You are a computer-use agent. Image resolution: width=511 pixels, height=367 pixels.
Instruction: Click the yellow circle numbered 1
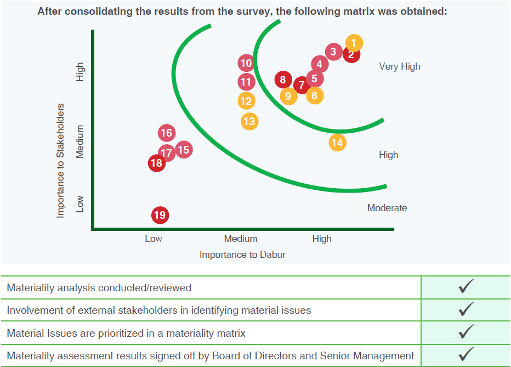(354, 43)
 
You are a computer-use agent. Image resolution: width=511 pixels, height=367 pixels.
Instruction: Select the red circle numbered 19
(160, 215)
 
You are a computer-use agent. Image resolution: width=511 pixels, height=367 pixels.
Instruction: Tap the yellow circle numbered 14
(337, 143)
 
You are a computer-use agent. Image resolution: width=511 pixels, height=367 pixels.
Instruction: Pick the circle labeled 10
(246, 63)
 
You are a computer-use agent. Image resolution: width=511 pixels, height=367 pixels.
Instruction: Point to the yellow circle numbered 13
(249, 122)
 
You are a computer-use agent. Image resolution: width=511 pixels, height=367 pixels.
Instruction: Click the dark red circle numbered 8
(283, 80)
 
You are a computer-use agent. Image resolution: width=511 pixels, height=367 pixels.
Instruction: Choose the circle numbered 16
(167, 133)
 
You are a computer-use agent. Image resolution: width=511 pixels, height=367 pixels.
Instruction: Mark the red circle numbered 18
(157, 163)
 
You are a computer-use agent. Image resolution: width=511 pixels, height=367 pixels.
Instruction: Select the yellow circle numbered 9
(288, 96)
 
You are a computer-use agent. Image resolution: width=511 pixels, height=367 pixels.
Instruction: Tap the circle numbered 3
(334, 52)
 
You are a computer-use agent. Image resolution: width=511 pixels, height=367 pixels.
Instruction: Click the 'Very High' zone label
(400, 67)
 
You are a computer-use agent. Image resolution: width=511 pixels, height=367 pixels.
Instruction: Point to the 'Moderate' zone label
(387, 208)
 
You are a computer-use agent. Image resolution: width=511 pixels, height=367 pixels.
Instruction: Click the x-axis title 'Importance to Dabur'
(242, 255)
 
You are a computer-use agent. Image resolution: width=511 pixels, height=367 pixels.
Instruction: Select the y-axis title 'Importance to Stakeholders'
(60, 161)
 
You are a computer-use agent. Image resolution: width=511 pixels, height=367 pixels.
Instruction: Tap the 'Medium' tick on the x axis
(241, 239)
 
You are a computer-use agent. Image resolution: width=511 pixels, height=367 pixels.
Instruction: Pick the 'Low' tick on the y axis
(80, 204)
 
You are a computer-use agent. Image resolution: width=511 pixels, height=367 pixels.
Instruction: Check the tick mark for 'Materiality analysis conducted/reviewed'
(466, 286)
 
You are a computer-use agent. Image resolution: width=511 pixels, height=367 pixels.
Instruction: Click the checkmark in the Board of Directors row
(466, 354)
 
